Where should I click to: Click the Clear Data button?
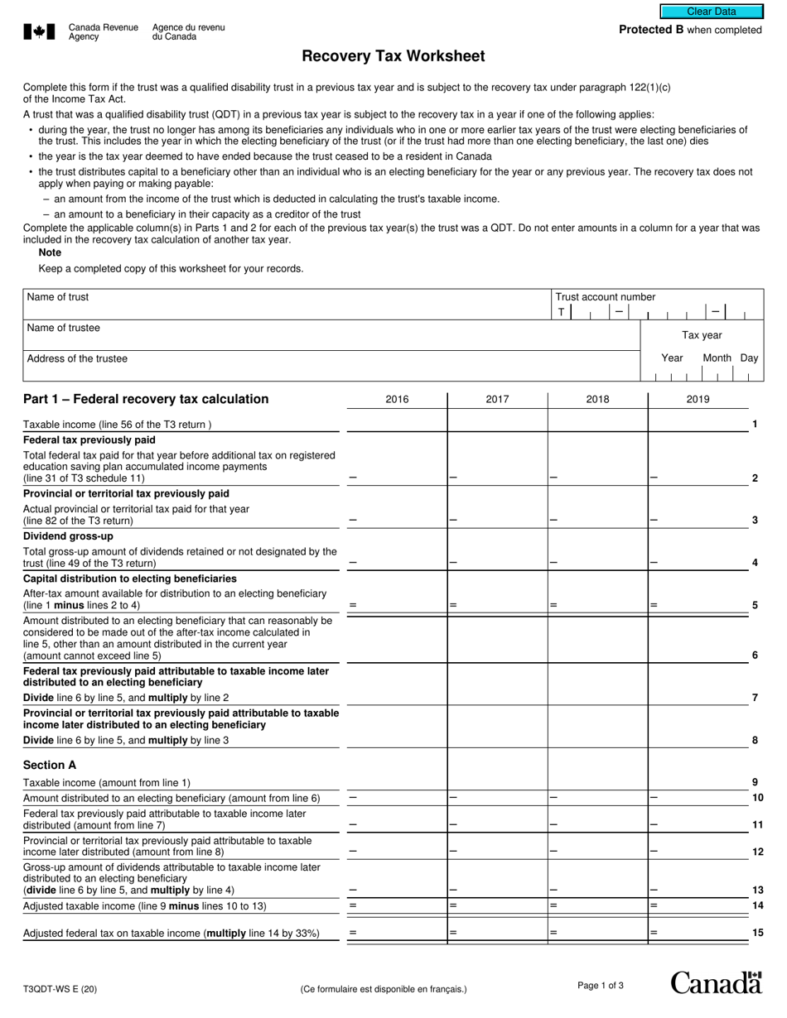pyautogui.click(x=711, y=12)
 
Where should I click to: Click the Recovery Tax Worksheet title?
pyautogui.click(x=393, y=56)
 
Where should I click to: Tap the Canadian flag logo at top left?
pyautogui.click(x=39, y=31)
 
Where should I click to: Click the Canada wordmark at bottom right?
pyautogui.click(x=716, y=983)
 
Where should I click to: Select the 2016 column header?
pyautogui.click(x=397, y=400)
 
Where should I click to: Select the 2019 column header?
pyautogui.click(x=698, y=400)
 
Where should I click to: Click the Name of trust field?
pyautogui.click(x=287, y=304)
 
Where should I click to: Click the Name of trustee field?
pyautogui.click(x=331, y=334)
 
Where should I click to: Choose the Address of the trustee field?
pyautogui.click(x=331, y=365)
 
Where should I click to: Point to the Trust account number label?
pyautogui.click(x=605, y=297)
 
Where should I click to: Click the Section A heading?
pyautogui.click(x=50, y=765)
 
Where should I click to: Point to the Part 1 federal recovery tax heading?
pyautogui.click(x=146, y=399)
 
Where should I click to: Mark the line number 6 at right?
pyautogui.click(x=755, y=655)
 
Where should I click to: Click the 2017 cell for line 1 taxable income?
pyautogui.click(x=497, y=424)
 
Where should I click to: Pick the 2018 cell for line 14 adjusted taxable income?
pyautogui.click(x=597, y=906)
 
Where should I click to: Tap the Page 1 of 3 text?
pyautogui.click(x=600, y=985)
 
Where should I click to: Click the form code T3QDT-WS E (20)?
pyautogui.click(x=60, y=988)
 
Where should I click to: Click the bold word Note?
pyautogui.click(x=50, y=252)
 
